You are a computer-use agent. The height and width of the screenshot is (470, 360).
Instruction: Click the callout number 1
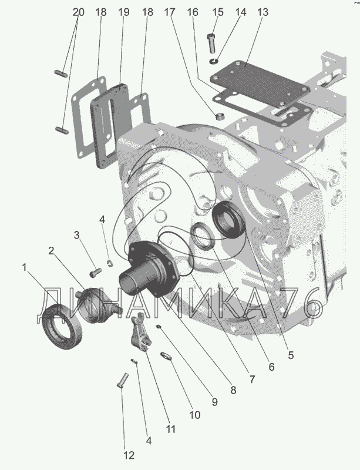coord(25,268)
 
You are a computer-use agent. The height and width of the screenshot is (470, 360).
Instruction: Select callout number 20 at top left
coord(79,12)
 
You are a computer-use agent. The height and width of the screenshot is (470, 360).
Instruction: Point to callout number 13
coord(263,12)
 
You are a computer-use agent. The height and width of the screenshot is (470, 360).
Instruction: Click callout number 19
coord(123,12)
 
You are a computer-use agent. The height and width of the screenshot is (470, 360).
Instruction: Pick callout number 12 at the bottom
coord(129,455)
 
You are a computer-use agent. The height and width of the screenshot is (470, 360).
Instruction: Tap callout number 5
coord(291,355)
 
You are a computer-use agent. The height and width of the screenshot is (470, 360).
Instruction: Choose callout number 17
coord(170,12)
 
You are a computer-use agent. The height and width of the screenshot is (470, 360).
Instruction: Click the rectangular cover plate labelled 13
coord(261,82)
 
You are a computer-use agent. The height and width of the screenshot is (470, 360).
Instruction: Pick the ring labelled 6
coord(203,238)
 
